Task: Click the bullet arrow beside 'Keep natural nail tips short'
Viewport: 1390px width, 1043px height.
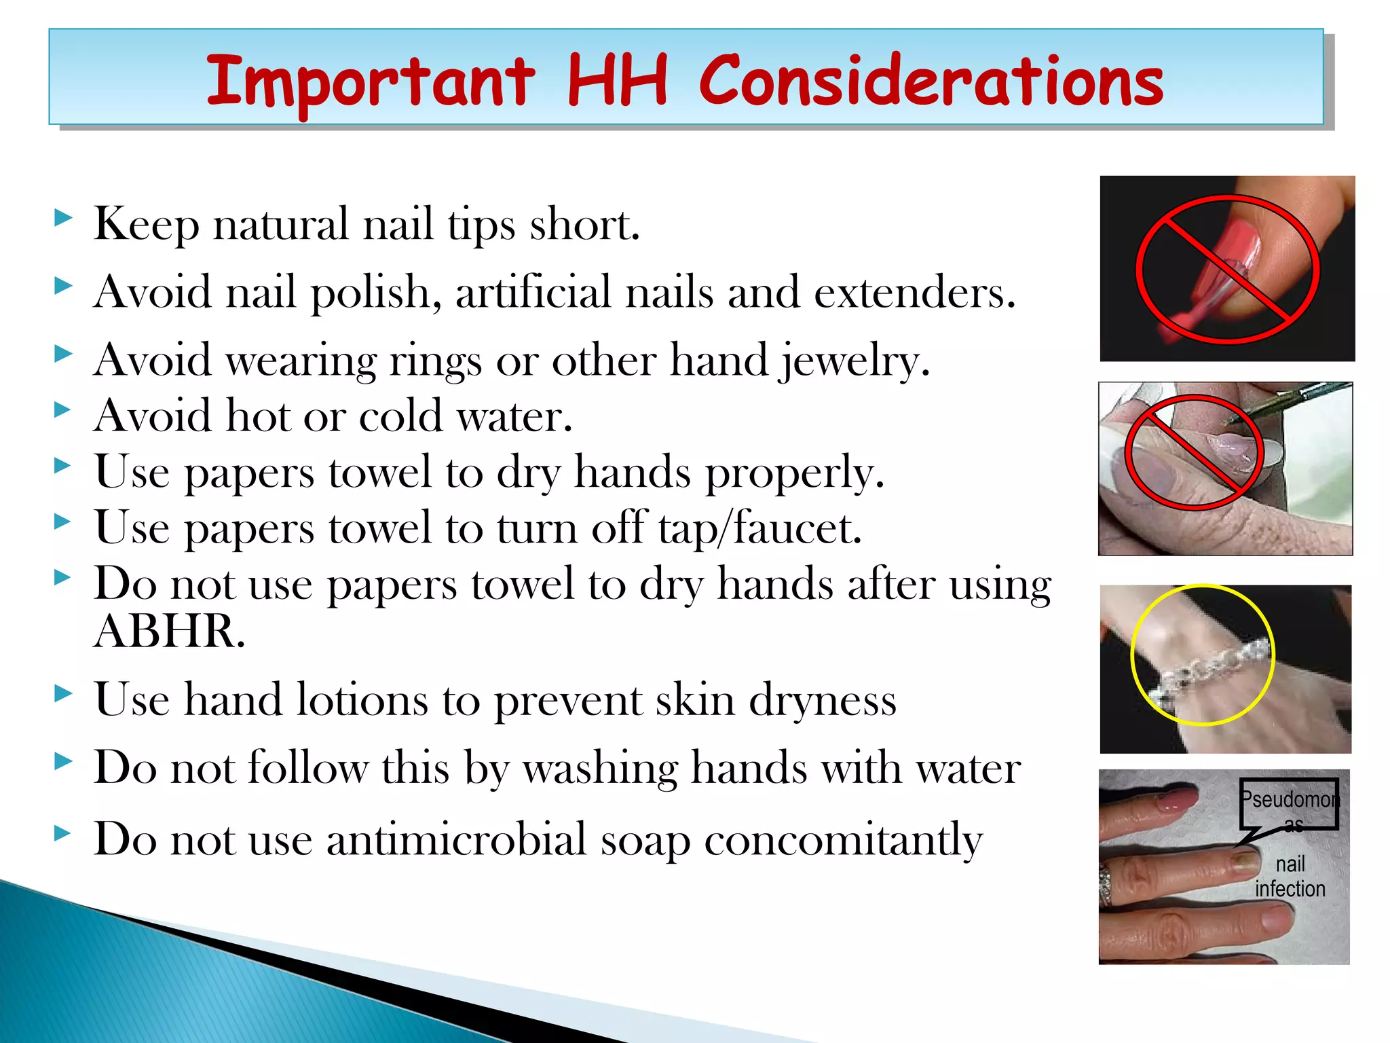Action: pos(62,219)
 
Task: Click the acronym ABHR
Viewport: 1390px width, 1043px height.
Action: pos(168,632)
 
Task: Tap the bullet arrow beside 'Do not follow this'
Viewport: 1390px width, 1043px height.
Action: pos(62,762)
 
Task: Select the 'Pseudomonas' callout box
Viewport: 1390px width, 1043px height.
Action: pos(1288,804)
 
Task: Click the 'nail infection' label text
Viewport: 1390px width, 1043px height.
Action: pos(1290,876)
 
